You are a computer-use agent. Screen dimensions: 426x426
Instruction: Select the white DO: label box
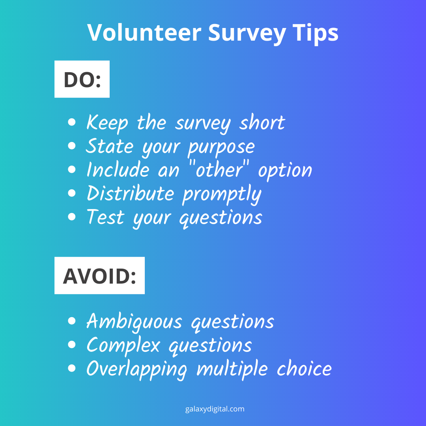point(82,79)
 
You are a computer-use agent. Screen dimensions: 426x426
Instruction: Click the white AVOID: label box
point(99,276)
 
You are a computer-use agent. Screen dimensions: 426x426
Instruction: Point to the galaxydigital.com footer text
point(215,409)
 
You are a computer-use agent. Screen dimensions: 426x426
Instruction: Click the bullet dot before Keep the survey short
point(72,123)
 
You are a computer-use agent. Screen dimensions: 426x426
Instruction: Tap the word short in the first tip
point(262,123)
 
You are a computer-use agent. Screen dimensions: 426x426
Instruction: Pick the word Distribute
point(130,194)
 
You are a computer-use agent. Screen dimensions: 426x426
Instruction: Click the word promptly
point(222,195)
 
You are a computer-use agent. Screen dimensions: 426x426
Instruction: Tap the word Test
point(105,217)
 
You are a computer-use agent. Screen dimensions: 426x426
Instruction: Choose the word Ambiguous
point(134,321)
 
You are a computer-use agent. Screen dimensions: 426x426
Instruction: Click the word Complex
point(123,345)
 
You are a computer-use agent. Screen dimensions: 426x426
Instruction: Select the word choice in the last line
point(304,368)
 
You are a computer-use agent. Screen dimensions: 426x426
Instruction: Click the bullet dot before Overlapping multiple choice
point(72,368)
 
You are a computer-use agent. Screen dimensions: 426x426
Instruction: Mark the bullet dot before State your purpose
point(72,146)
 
